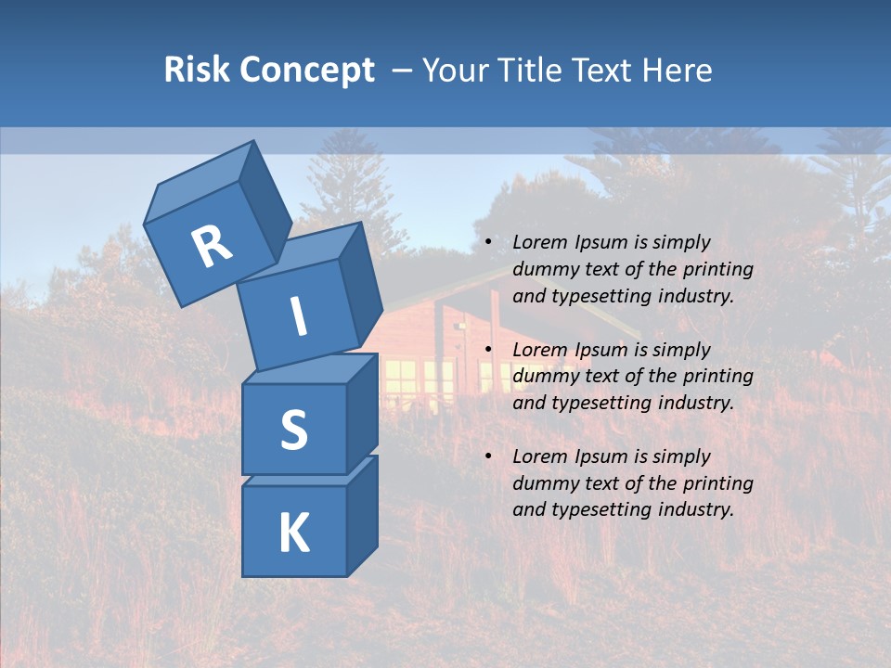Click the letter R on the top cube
point(212,246)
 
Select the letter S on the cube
point(293,430)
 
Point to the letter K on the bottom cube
point(293,533)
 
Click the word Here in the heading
point(678,70)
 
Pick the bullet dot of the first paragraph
point(488,242)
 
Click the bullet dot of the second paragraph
point(488,350)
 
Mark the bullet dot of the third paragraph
point(488,456)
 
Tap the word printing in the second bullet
point(717,376)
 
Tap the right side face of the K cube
point(362,515)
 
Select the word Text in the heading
point(602,70)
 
